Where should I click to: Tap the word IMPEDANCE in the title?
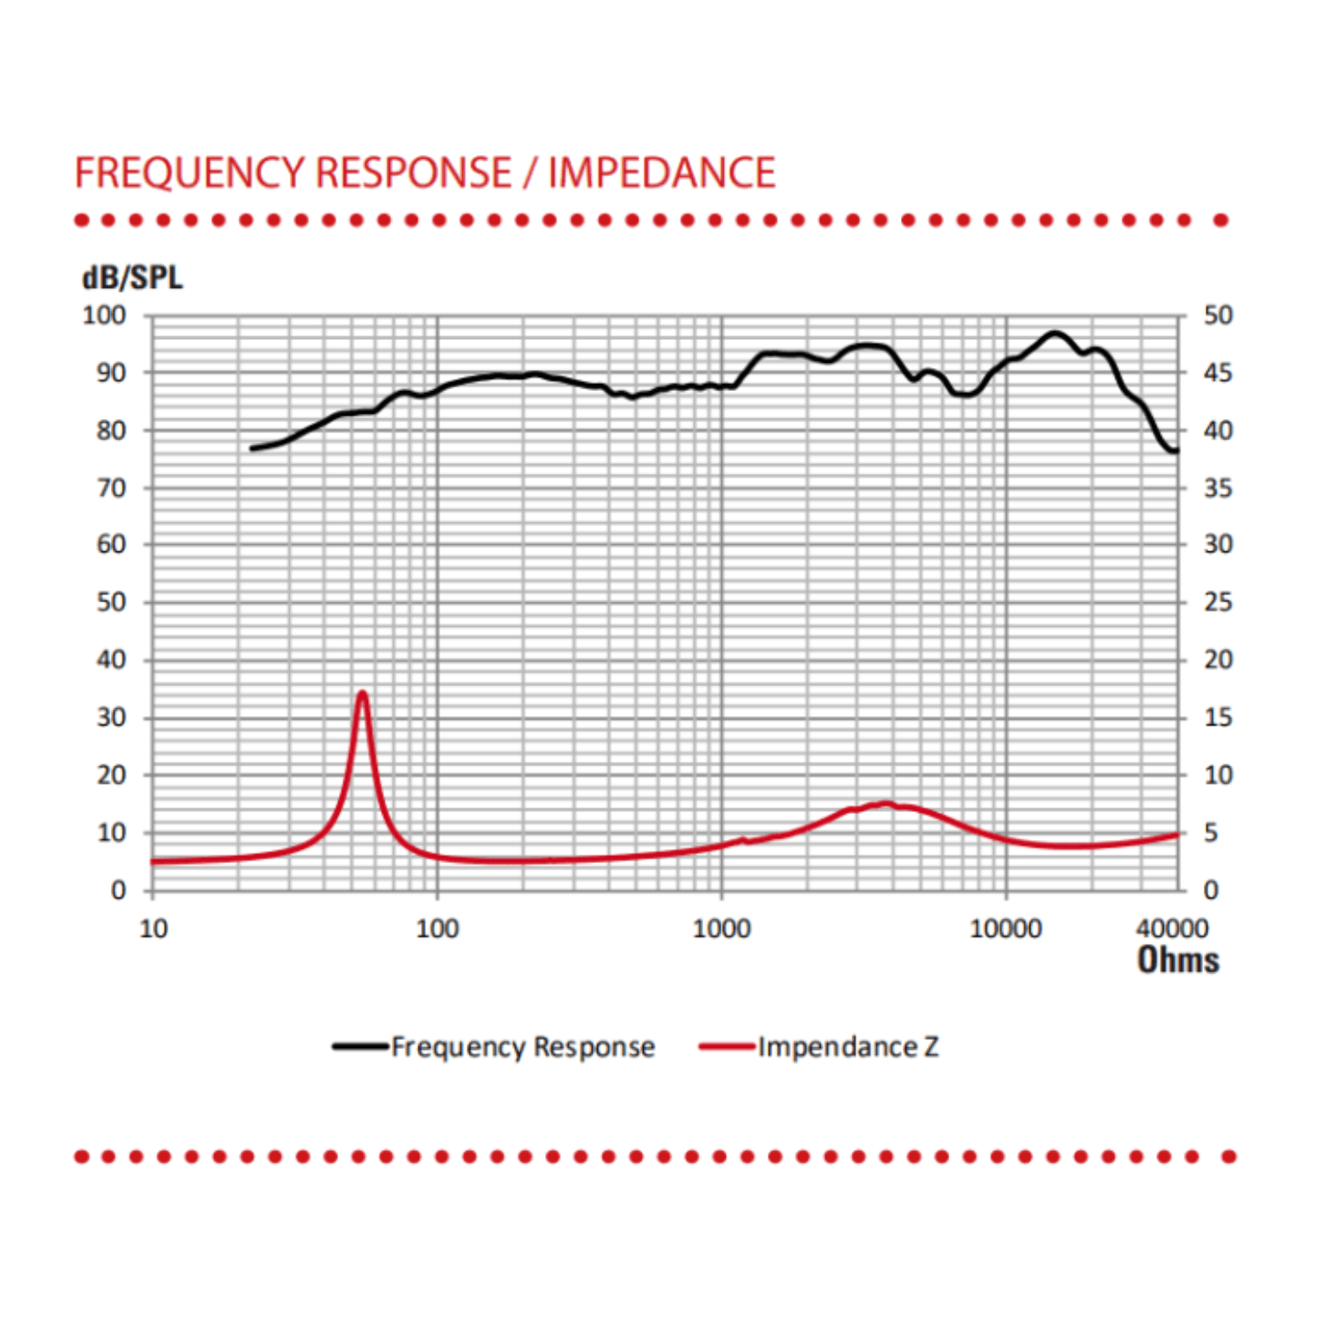coord(661,173)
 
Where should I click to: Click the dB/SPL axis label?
coord(132,278)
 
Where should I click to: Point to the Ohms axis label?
coord(1177,960)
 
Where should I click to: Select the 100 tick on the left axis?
coord(104,315)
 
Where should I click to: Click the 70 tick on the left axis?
coord(111,488)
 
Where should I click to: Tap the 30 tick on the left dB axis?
coord(111,718)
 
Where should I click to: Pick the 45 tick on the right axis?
coord(1218,373)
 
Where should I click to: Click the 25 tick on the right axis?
coord(1218,602)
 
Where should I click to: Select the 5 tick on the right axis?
coord(1211,832)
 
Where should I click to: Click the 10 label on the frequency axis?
coord(153,928)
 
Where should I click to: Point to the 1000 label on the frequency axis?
coord(721,928)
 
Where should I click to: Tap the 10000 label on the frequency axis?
coord(1005,928)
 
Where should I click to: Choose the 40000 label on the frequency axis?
coord(1172,928)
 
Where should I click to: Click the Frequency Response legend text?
coord(523,1046)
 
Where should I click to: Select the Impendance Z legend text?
coord(848,1046)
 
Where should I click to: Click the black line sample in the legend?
coord(360,1046)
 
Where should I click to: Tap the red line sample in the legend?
coord(727,1046)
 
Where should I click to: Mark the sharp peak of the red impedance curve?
coord(362,693)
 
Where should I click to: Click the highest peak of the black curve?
coord(1054,334)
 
